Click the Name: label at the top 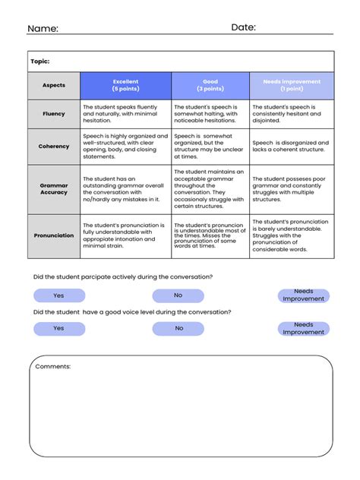coord(43,28)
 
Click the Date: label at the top coord(243,27)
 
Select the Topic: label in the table coord(39,62)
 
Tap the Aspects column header coord(54,85)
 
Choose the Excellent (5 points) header coord(125,85)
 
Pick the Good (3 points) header coord(210,85)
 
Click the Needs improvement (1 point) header coord(291,85)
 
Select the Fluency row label coord(54,114)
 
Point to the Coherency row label coord(54,147)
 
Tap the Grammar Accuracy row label coord(54,188)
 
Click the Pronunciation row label coord(54,235)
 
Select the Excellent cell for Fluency coord(125,114)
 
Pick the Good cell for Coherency coord(210,147)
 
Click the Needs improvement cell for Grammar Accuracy coord(291,189)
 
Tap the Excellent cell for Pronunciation coord(125,235)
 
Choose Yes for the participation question coord(59,295)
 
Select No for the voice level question coord(178,329)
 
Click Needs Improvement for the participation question coord(303,295)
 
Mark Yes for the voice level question coord(59,329)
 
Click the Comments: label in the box coord(53,366)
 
